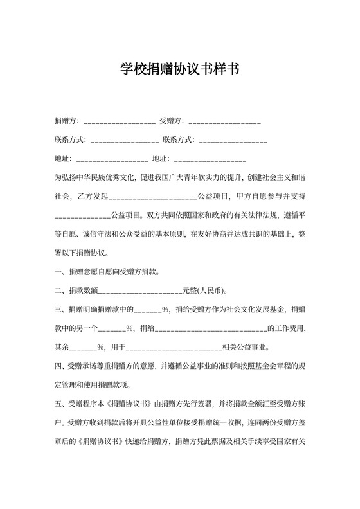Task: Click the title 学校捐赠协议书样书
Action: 180,69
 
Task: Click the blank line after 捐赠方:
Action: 119,121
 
